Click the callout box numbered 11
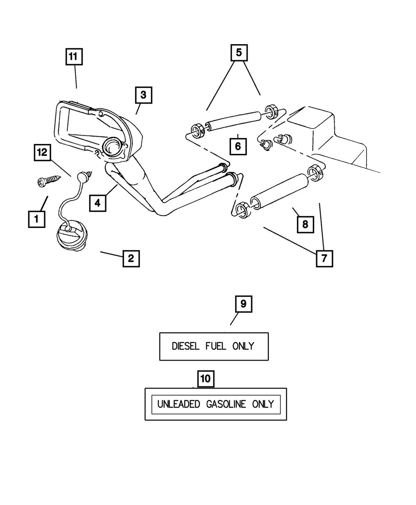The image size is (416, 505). (74, 57)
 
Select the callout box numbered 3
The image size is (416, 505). (143, 95)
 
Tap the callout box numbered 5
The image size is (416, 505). (239, 52)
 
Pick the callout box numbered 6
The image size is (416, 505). (238, 146)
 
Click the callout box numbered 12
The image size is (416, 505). (42, 153)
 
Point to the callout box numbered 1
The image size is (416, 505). (37, 219)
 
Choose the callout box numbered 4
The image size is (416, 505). (97, 203)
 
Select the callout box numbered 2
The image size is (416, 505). (131, 258)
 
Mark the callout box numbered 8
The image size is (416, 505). (305, 225)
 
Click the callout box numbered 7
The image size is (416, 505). (324, 258)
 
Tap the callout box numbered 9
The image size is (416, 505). (243, 304)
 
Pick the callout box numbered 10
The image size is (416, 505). (205, 379)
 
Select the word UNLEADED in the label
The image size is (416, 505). (178, 404)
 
